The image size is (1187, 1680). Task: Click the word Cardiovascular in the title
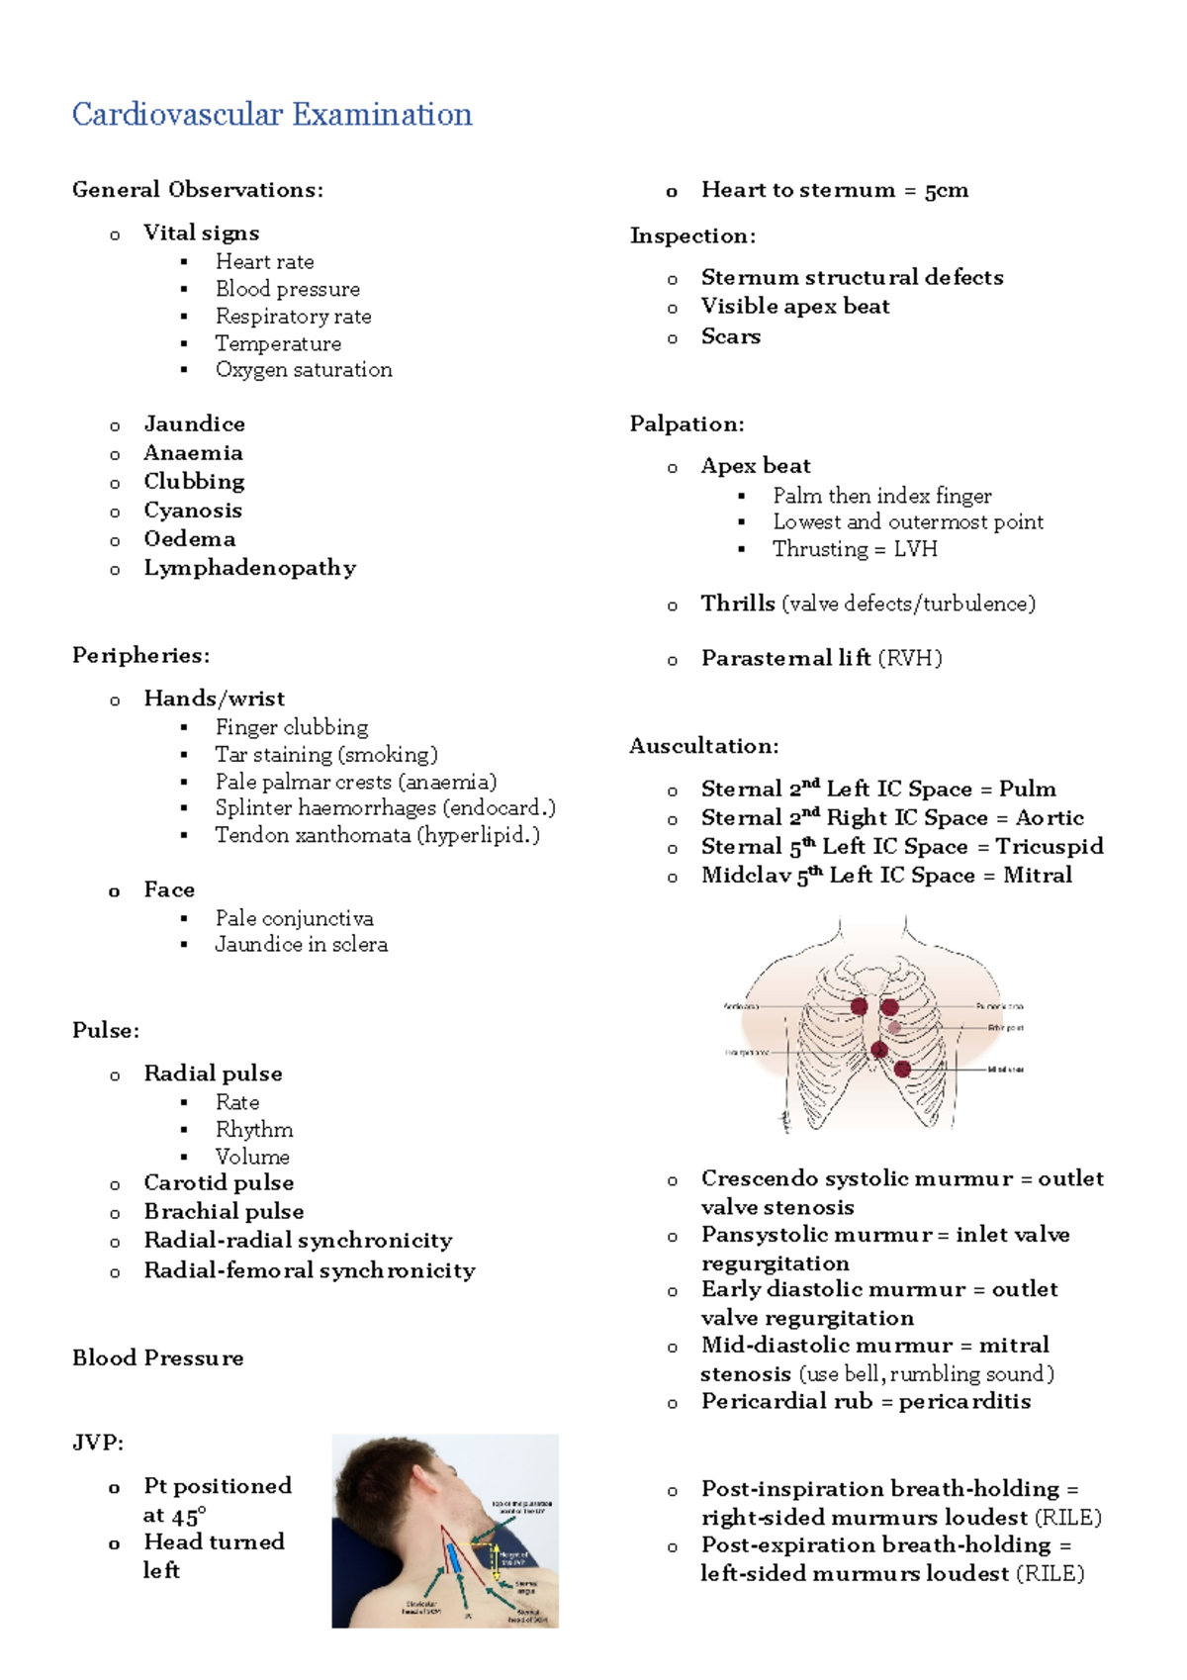click(178, 115)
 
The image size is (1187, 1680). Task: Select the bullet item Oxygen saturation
click(304, 370)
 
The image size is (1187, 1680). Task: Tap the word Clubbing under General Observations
click(194, 482)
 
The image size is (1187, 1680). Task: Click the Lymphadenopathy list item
click(249, 568)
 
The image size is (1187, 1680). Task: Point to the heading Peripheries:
click(140, 655)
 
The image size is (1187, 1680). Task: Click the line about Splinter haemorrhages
click(385, 808)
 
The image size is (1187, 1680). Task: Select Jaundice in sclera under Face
click(301, 945)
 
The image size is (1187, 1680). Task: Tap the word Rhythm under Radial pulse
click(254, 1130)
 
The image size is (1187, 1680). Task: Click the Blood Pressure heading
click(157, 1358)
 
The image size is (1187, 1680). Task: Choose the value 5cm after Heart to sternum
click(947, 190)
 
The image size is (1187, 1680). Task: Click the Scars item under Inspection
click(730, 336)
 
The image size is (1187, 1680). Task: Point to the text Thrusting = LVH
click(855, 549)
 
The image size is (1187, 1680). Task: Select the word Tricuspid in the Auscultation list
click(1050, 847)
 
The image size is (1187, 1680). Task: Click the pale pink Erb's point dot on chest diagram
click(894, 1028)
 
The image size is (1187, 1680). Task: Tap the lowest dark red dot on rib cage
click(902, 1069)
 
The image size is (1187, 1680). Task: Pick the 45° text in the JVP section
click(189, 1516)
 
